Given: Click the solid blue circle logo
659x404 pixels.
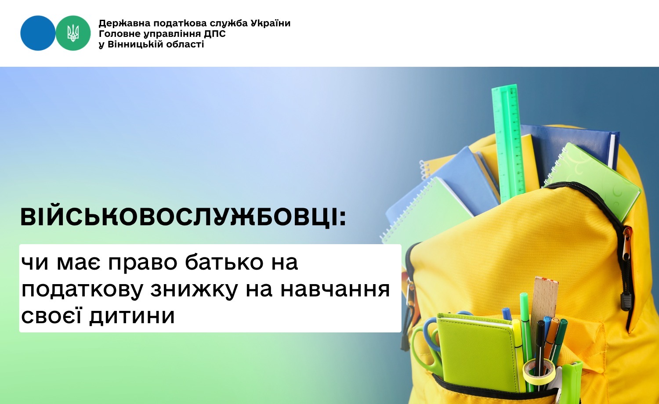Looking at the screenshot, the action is coord(38,33).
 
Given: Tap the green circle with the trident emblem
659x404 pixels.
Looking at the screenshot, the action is coord(73,33).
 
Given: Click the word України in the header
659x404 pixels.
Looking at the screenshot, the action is coord(271,23).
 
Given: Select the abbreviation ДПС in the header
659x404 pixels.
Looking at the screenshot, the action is coord(215,34).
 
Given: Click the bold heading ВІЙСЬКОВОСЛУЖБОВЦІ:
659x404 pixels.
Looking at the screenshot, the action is coord(183,217).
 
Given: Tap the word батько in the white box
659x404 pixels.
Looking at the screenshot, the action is coord(224,262).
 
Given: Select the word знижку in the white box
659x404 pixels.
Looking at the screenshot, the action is coord(195,289).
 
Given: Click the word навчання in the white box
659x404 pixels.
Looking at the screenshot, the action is coord(335,289).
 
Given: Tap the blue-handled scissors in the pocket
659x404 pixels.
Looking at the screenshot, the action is coord(427,347).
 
